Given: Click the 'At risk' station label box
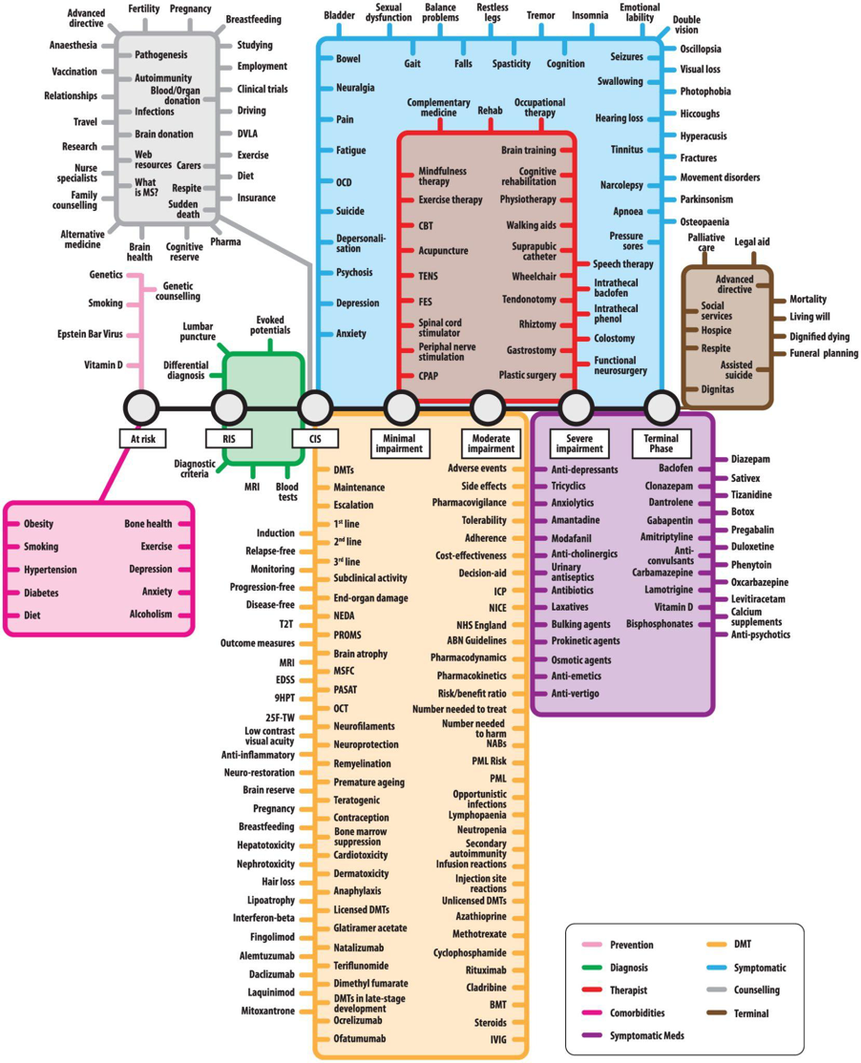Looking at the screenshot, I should pos(141,438).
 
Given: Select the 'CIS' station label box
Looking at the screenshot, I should pos(315,438).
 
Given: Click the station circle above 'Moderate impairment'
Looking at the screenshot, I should pos(488,407).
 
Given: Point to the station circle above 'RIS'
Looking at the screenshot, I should pos(229,407).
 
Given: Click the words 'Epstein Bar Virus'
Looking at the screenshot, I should pos(91,334).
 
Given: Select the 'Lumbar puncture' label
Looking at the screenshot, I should pos(198,331).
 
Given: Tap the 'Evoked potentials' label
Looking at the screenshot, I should pos(269,324).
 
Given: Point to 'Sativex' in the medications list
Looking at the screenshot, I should pos(746,476).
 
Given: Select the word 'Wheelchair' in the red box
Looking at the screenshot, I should pos(534,275).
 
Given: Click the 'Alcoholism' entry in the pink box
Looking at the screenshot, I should pos(151,615).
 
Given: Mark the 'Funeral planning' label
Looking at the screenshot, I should pos(821,354).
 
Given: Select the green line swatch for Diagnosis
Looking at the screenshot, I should pos(598,968).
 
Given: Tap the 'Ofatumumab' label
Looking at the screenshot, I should pos(360,1037).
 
